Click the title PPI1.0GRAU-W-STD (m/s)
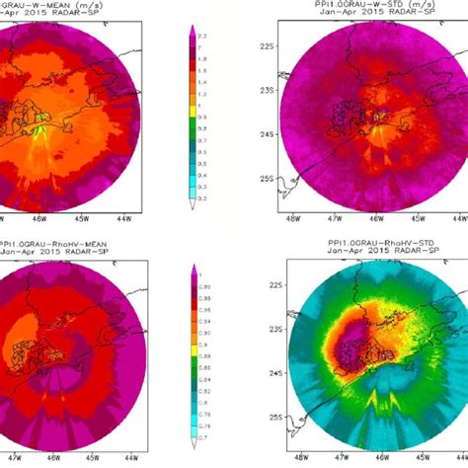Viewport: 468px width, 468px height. coord(360,5)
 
